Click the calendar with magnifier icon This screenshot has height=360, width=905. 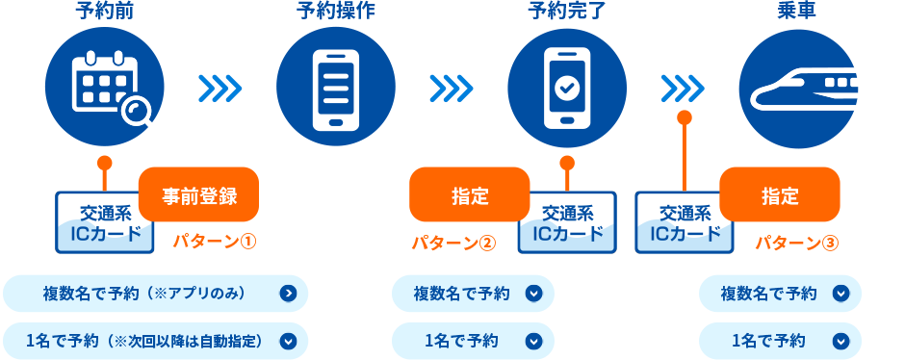[105, 88]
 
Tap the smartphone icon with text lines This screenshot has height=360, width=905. [335, 88]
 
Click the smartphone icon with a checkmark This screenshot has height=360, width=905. [566, 88]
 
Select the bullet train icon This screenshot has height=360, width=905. [797, 88]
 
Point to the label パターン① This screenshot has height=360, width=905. [214, 242]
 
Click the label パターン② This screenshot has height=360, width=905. [452, 242]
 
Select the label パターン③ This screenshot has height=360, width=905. [796, 242]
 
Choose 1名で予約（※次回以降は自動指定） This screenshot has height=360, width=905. [155, 340]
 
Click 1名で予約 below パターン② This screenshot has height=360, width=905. [473, 340]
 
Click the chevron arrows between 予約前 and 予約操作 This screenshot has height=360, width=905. [220, 89]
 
